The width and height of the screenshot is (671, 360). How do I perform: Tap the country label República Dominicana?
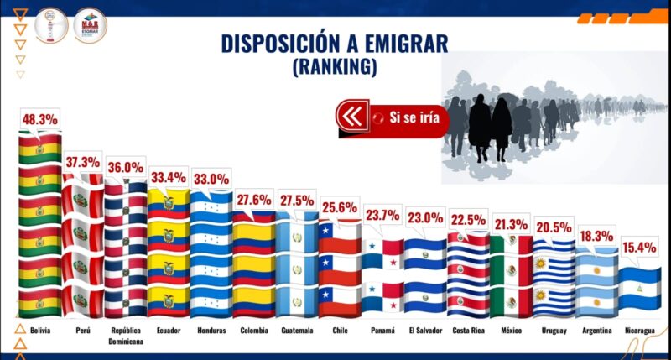pos(126,336)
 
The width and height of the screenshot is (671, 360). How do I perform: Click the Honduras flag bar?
pos(211,257)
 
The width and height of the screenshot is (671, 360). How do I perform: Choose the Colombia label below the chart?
pos(254,331)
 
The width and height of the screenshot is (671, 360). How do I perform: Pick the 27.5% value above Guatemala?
pos(297,201)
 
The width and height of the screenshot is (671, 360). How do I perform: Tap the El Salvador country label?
pos(425,331)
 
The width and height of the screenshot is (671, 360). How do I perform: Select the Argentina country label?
pos(597,331)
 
